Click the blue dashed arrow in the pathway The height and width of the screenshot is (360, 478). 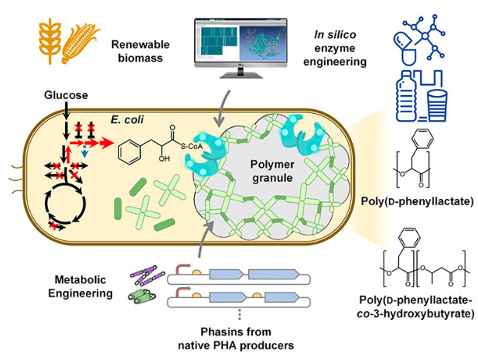point(84,153)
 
